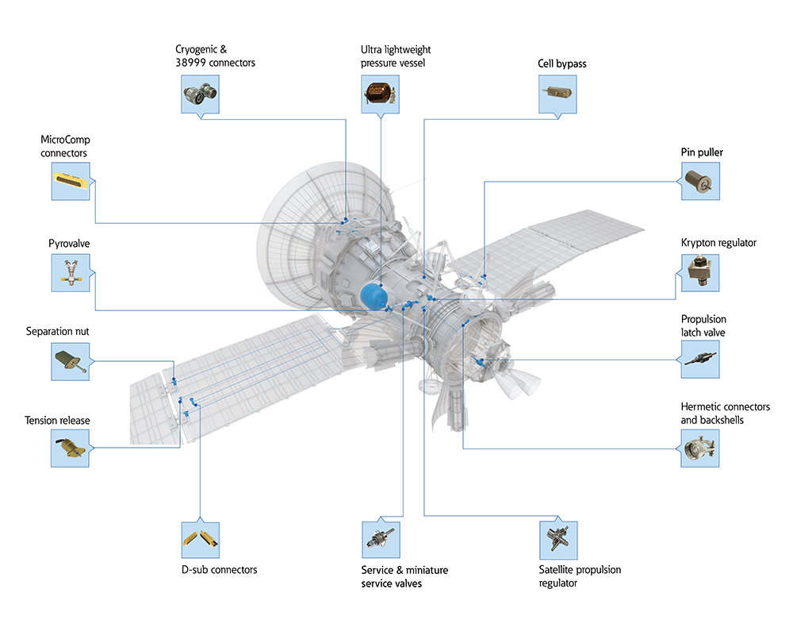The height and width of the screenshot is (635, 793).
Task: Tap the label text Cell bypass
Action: (x=561, y=63)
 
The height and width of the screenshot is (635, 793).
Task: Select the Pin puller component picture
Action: (x=700, y=183)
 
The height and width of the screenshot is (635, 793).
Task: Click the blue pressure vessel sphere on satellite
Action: (x=374, y=295)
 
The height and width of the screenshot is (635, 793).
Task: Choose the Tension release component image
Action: (x=71, y=448)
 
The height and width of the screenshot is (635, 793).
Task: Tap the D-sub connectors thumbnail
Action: (x=201, y=540)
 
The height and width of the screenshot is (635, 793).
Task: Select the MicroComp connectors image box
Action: (x=71, y=183)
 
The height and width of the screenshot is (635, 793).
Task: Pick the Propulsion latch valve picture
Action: (x=700, y=360)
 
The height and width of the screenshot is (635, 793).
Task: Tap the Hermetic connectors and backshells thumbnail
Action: (x=700, y=449)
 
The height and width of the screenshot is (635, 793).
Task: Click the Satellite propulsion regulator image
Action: (x=558, y=540)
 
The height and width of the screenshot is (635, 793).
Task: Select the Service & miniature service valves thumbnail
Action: (x=381, y=540)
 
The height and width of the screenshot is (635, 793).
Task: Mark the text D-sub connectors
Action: (x=219, y=570)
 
